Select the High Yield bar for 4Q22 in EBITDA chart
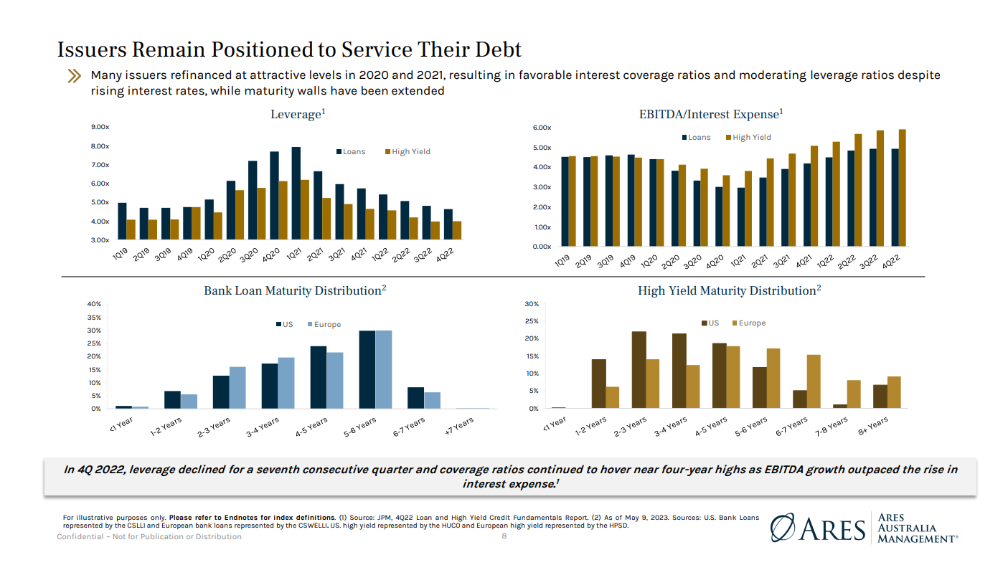pos(902,188)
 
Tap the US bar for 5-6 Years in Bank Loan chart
pos(367,369)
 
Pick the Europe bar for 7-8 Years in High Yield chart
pos(854,394)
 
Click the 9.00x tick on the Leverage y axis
pos(100,128)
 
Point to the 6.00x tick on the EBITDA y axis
pos(542,128)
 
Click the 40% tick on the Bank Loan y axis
pos(94,304)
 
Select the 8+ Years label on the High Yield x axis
pos(874,425)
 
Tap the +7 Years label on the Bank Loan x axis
pos(460,425)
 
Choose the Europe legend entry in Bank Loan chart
pos(326,325)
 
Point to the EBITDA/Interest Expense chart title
pos(711,115)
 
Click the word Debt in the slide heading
pos(496,50)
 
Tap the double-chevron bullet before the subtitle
pos(74,76)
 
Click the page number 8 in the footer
pos(504,536)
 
